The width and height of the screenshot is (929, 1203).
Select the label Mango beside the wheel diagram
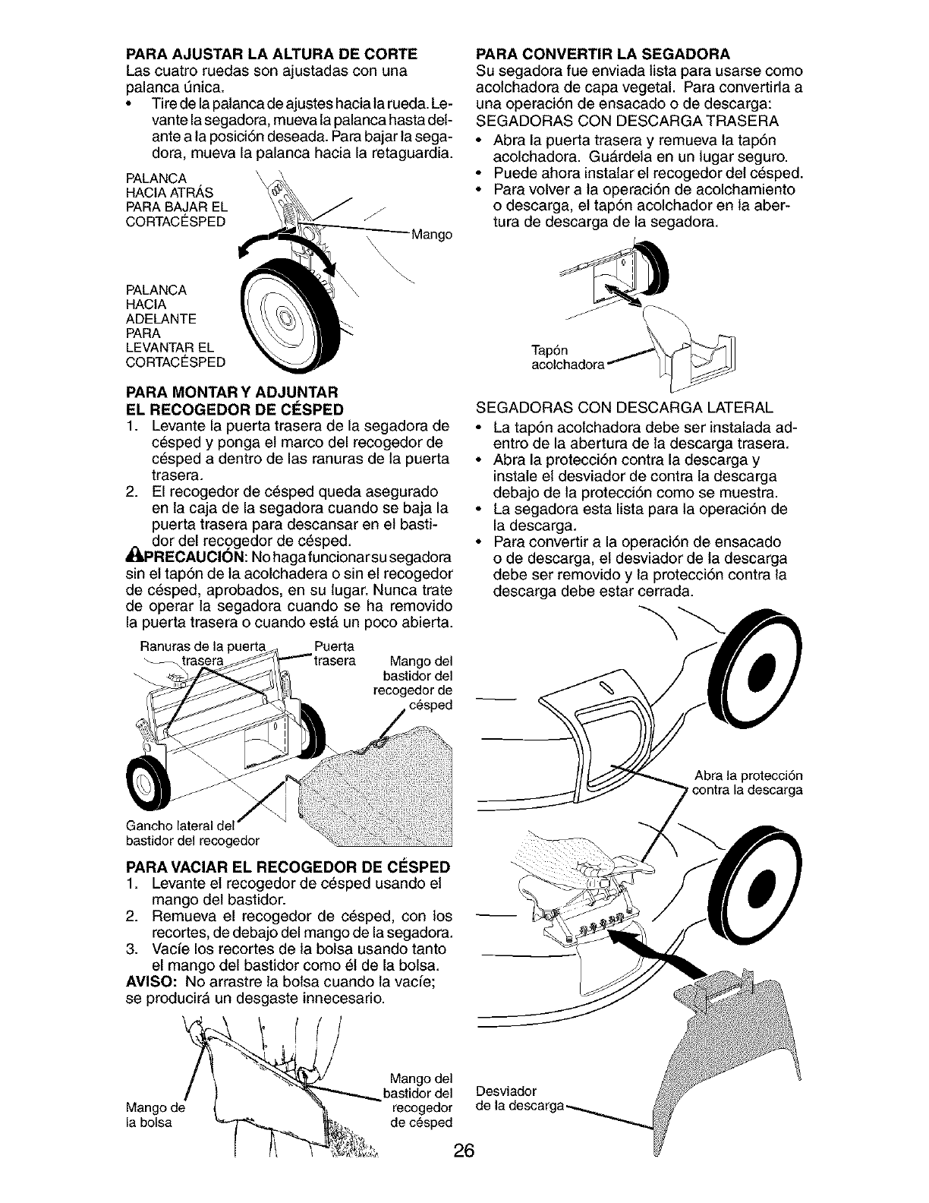(431, 235)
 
